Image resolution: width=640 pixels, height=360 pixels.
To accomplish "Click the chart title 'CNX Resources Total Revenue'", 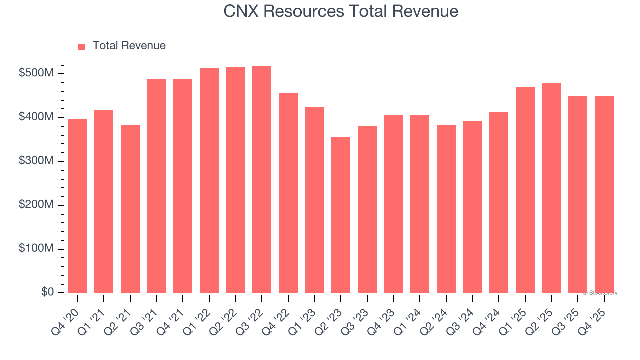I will point(341,11).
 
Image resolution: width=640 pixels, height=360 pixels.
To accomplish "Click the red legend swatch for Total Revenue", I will point(82,46).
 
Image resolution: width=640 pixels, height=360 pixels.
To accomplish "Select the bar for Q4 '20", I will point(78,206).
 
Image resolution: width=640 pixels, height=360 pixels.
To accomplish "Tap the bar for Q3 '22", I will point(262,179).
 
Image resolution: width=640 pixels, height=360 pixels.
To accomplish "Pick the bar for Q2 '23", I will point(341,215).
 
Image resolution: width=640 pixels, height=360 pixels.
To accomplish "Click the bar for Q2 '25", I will point(551,188).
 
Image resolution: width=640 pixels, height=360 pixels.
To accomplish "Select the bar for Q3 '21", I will point(157,186).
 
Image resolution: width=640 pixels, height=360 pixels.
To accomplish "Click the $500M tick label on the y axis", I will point(36,73).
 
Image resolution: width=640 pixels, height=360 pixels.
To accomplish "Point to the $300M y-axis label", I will point(36,161).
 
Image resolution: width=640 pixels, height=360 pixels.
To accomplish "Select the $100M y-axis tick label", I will point(36,249).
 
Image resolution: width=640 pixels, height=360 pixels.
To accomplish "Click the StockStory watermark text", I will point(600,293).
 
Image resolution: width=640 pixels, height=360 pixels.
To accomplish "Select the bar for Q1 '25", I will point(525,190).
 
